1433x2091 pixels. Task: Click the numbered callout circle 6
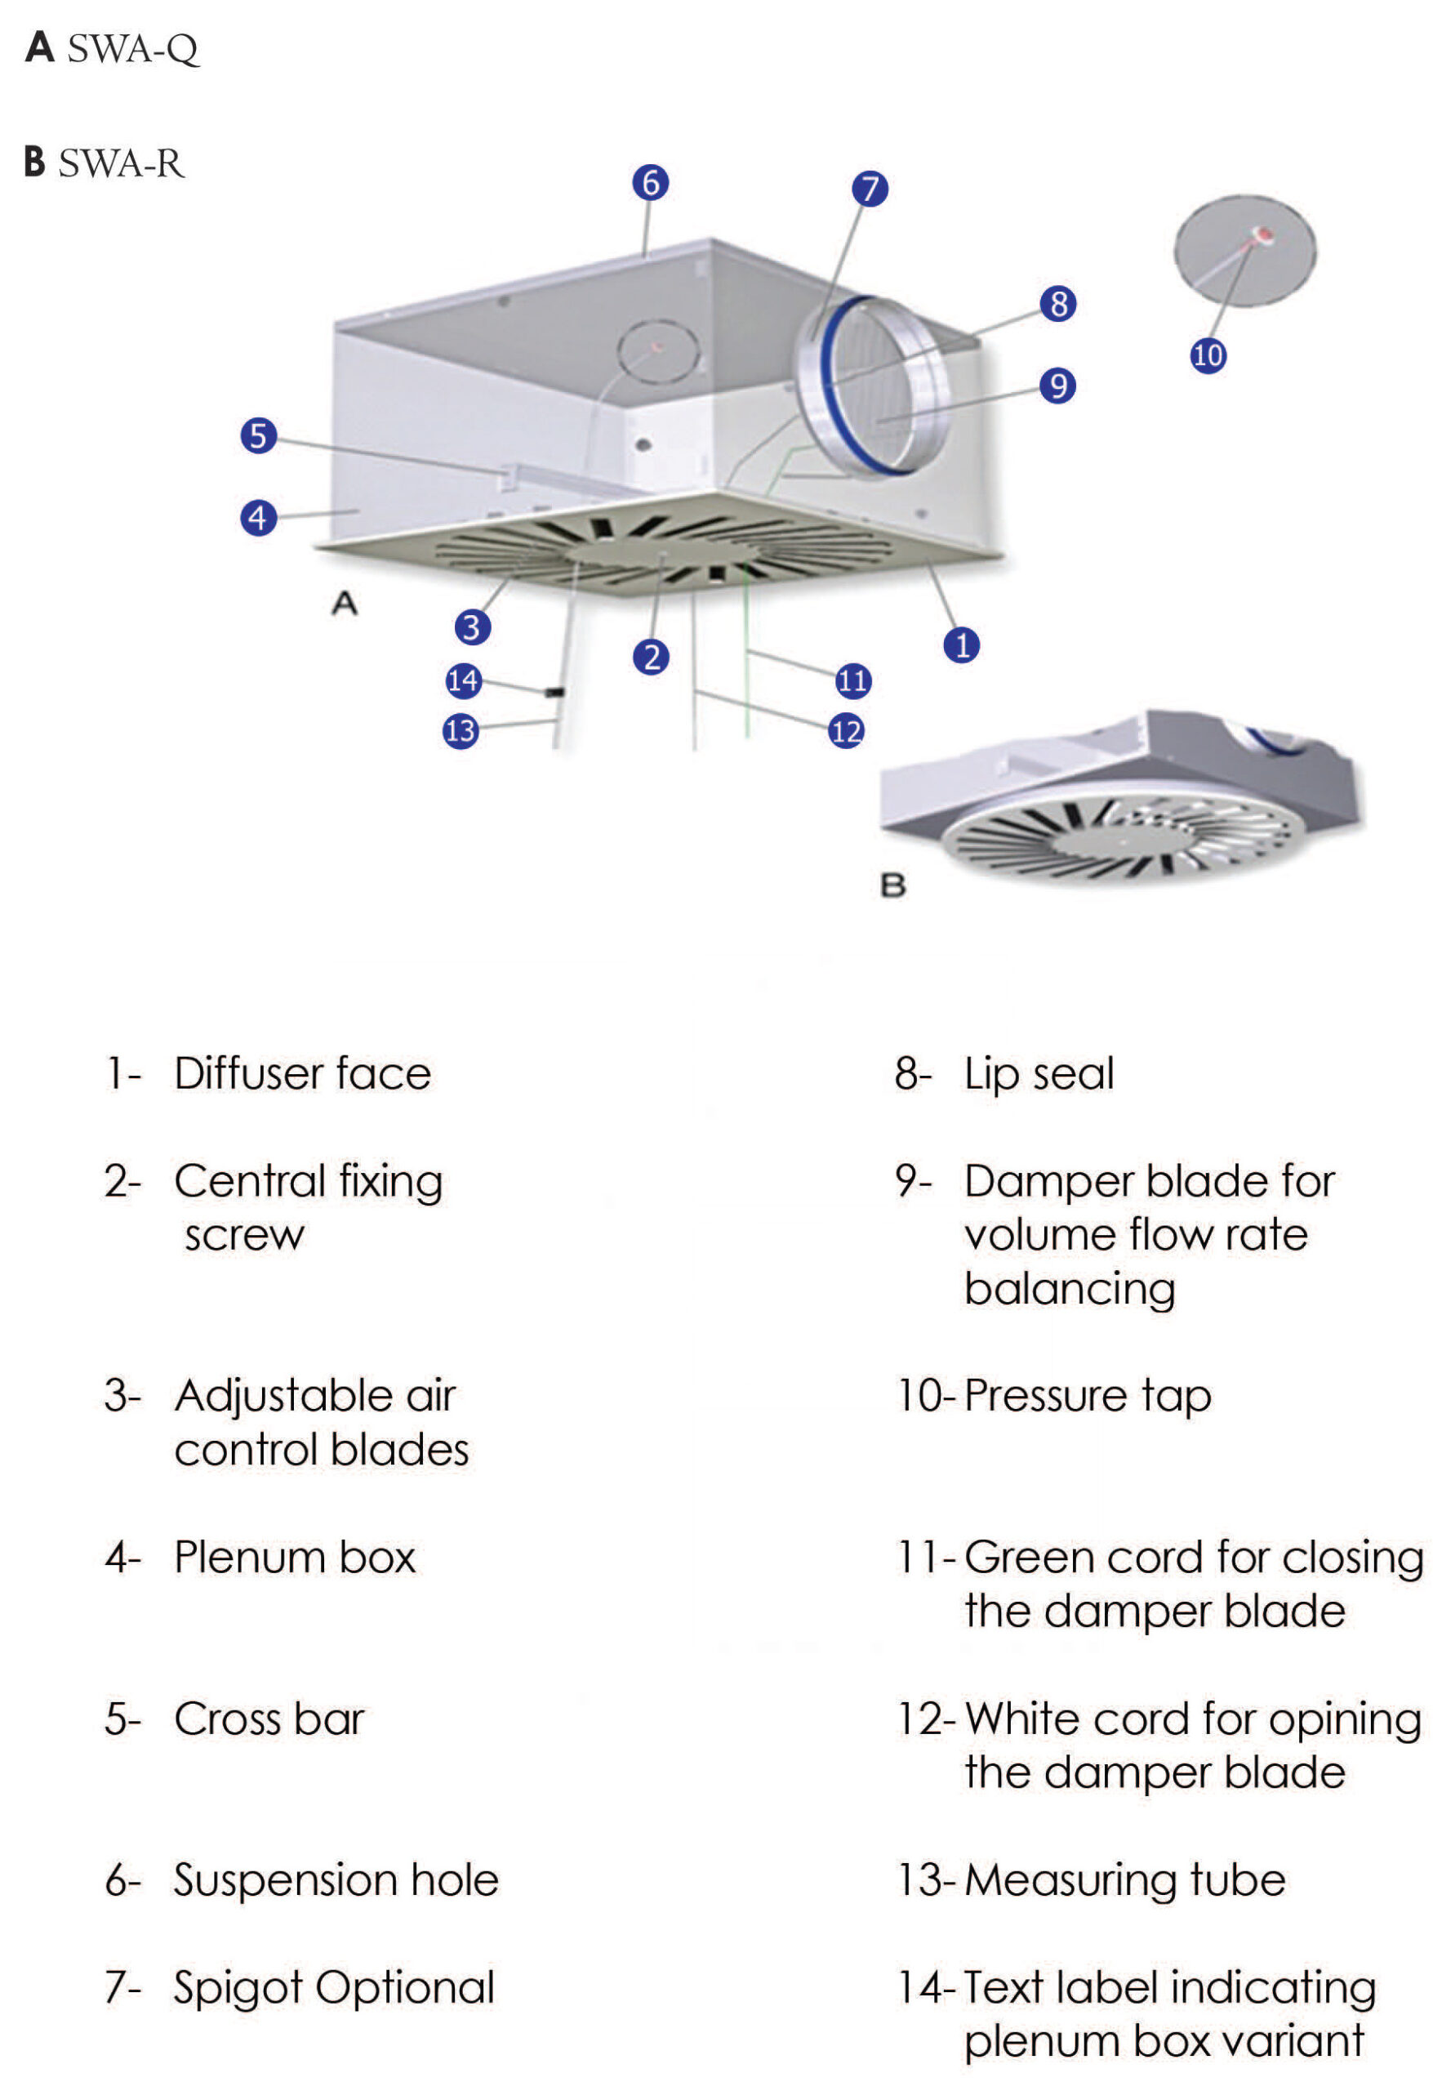(x=651, y=183)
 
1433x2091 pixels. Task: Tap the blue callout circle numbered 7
(x=870, y=189)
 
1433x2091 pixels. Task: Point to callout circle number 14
(x=463, y=680)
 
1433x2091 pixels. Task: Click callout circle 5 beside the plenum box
(x=258, y=435)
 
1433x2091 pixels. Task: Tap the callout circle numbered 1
(x=962, y=645)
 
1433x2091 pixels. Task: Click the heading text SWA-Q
(x=132, y=48)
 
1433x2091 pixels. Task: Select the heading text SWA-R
(x=122, y=163)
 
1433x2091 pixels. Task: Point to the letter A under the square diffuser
(x=345, y=603)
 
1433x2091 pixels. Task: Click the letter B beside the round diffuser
(x=892, y=885)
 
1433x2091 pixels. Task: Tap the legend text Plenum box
(x=294, y=1557)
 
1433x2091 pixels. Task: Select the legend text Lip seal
(x=1038, y=1073)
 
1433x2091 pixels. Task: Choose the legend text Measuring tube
(x=1124, y=1879)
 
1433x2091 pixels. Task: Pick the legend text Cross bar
(x=269, y=1719)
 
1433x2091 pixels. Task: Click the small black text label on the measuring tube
(x=555, y=692)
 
